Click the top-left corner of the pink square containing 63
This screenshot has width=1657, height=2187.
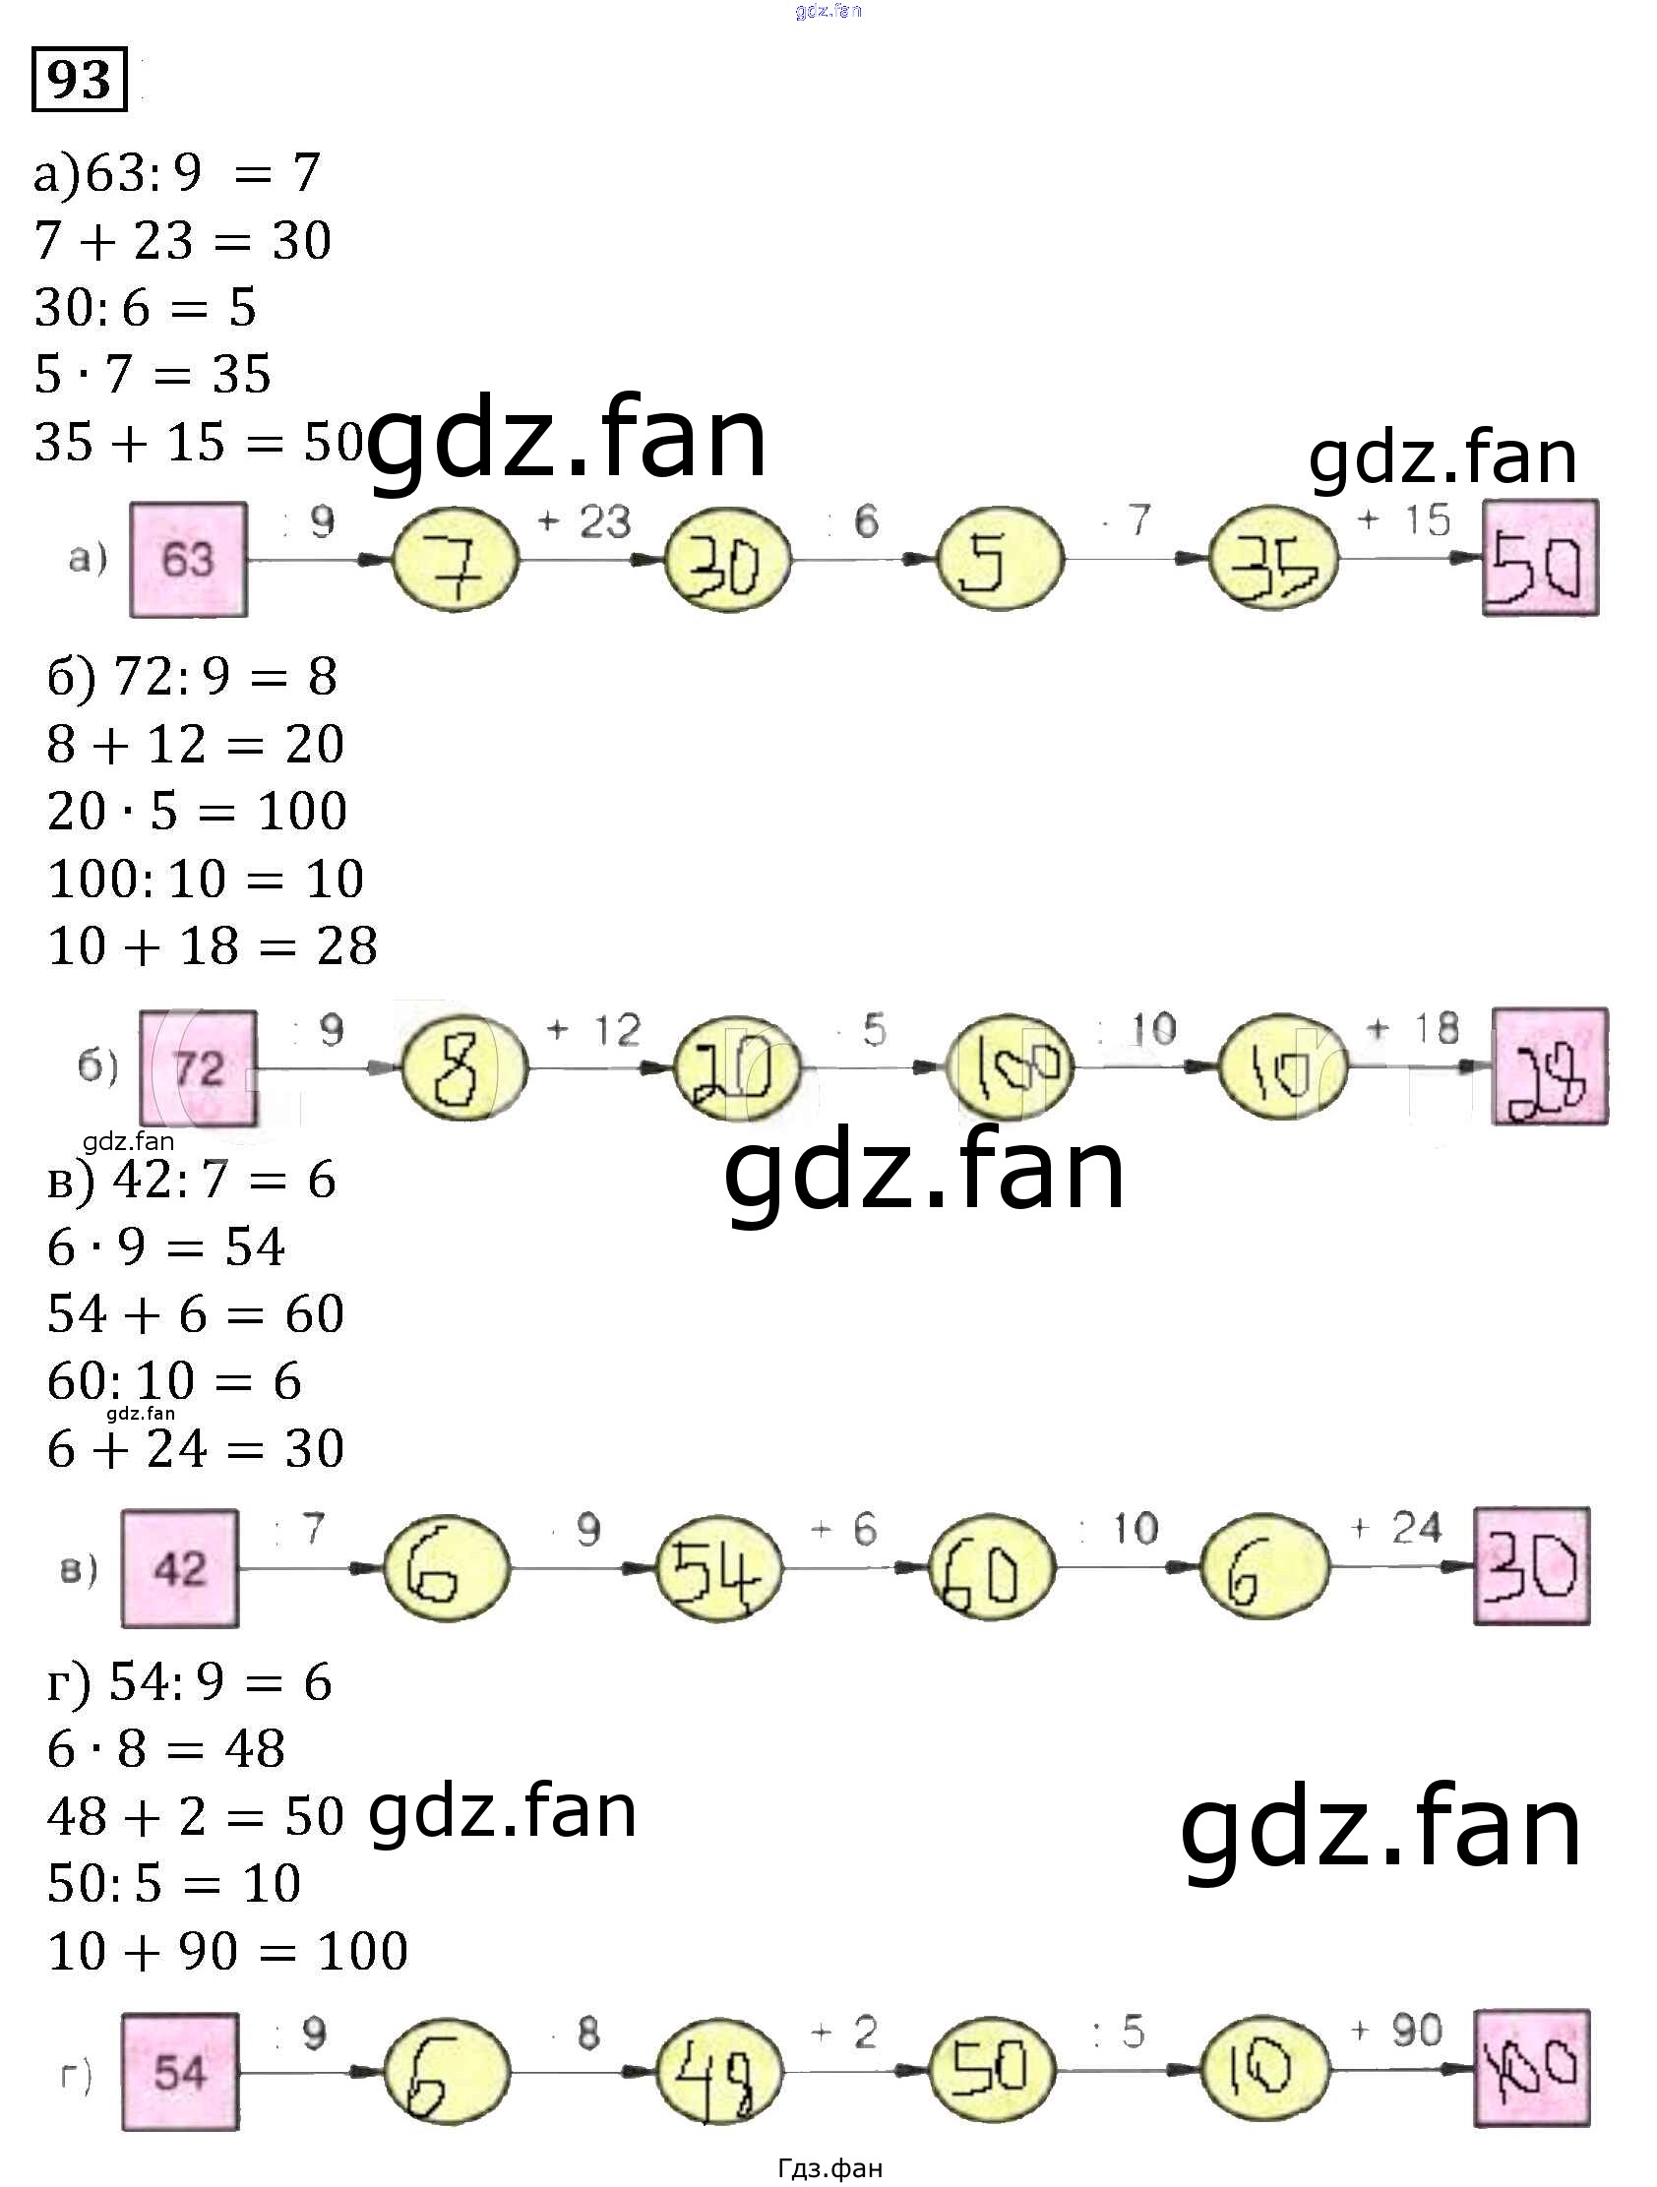point(132,504)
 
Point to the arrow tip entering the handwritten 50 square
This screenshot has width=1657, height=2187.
point(1482,559)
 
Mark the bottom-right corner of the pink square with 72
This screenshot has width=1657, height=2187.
point(257,1125)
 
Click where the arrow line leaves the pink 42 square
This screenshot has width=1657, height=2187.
point(238,1568)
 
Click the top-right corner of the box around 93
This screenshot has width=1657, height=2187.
point(127,48)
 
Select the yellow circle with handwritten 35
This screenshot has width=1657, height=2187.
point(1273,560)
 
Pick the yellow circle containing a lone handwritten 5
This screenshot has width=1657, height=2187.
point(1000,560)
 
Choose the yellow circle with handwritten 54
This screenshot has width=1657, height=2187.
point(718,1568)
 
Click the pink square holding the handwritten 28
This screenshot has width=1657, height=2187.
point(1550,1066)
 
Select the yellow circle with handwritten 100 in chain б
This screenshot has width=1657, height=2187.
point(1010,1067)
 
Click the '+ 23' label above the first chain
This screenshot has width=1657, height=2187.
point(583,521)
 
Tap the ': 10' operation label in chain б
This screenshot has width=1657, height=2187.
point(1135,1030)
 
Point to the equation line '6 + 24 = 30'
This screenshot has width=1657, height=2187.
point(196,1448)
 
